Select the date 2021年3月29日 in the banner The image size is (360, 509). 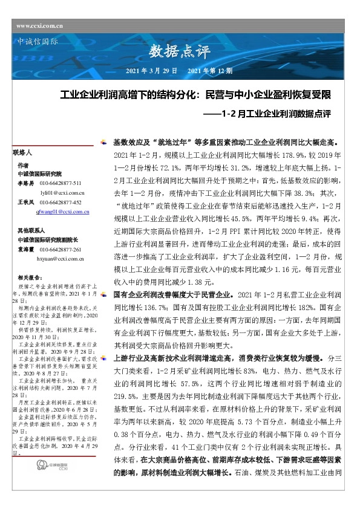coord(151,71)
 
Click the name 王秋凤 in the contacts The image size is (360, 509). coord(25,203)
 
